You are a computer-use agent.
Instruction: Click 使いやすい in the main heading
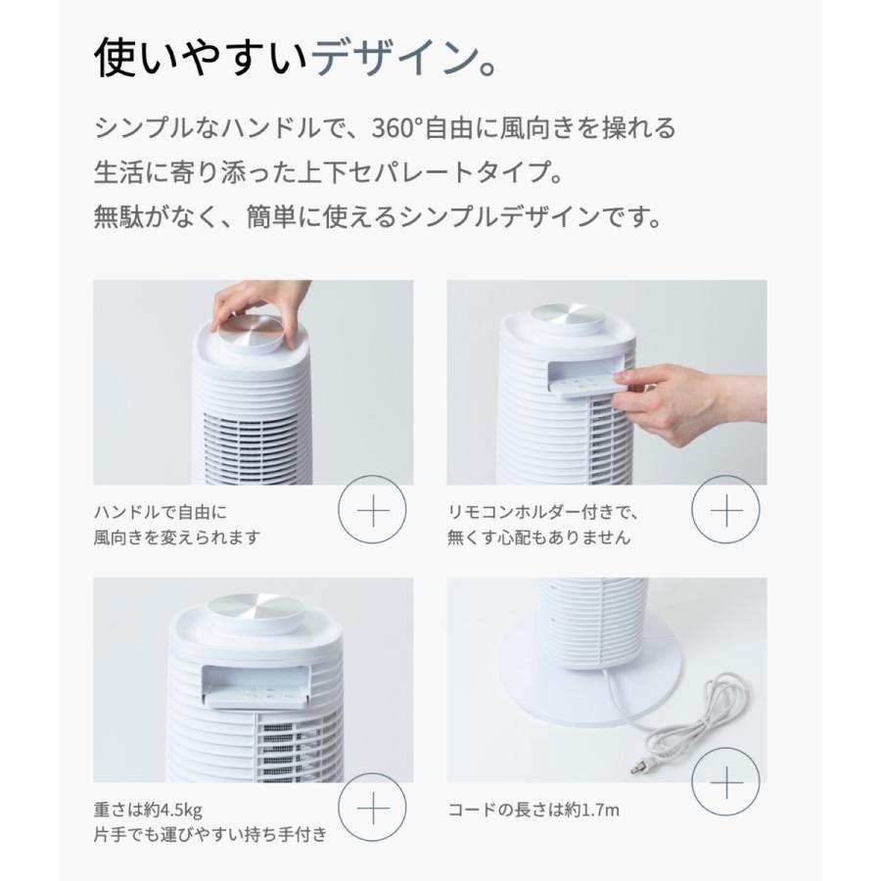coord(202,59)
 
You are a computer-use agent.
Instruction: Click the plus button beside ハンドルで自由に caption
coord(371,511)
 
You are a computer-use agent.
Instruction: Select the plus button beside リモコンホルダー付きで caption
coord(725,511)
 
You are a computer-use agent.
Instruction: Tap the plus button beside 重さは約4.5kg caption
coord(371,810)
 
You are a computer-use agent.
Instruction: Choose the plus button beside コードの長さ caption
coord(725,783)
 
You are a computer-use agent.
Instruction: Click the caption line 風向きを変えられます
coord(177,537)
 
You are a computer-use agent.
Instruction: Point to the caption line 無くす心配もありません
coord(539,537)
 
